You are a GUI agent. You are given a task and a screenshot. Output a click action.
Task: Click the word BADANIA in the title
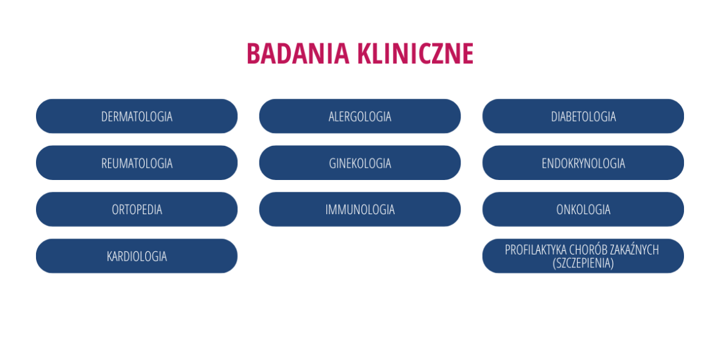[298, 53]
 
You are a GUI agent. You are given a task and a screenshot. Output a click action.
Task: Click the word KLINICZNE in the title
[415, 53]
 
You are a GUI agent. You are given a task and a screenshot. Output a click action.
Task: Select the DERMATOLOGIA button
[137, 116]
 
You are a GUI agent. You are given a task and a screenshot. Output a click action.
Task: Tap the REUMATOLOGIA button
[137, 163]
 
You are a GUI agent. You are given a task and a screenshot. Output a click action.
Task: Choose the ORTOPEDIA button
[137, 209]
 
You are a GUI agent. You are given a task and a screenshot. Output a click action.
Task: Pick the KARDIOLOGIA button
[137, 256]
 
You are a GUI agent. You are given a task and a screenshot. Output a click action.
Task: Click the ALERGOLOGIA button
[360, 116]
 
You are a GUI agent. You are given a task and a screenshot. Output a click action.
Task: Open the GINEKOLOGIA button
[360, 163]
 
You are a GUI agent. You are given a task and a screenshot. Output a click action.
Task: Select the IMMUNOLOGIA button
[360, 209]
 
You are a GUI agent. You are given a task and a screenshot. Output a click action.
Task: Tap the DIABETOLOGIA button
[583, 116]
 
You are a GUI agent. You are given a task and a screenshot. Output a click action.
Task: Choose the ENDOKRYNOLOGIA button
[583, 163]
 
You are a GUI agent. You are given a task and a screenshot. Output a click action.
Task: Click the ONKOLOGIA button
[583, 209]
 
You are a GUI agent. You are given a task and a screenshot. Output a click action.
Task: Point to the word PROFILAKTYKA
[535, 250]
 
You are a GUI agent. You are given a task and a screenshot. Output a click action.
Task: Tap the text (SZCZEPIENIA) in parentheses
[583, 264]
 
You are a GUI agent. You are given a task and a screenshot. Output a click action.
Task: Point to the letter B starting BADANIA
[254, 53]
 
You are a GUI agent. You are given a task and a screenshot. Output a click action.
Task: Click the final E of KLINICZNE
[468, 53]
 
